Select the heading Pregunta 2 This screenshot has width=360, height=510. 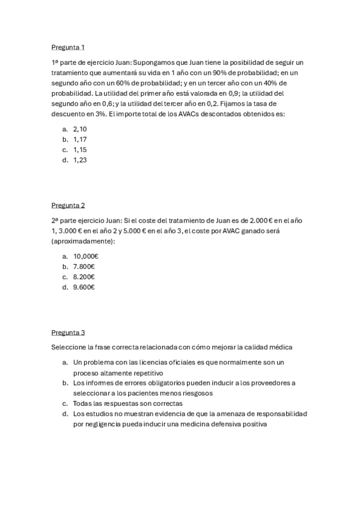point(68,205)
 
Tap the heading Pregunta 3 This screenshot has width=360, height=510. point(68,332)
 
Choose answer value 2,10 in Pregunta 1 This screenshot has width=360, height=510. point(80,129)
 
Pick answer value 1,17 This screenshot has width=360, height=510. point(80,139)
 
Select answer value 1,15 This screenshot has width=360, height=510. point(80,149)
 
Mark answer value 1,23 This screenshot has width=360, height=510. point(80,159)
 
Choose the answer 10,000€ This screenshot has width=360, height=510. point(85,256)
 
